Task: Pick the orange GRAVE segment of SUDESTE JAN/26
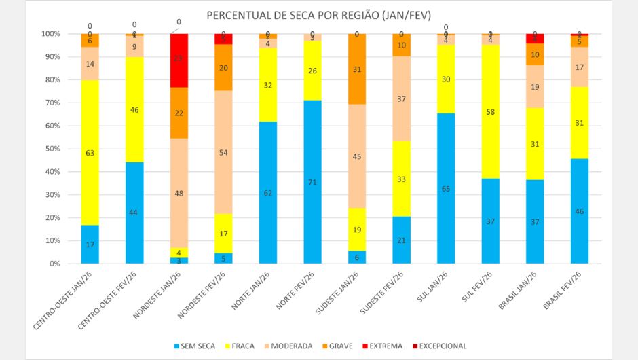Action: coord(357,69)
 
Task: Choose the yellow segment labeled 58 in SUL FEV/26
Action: coord(491,111)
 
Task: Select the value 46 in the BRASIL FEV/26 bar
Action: coord(580,211)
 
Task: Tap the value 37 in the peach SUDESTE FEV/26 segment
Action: coord(401,98)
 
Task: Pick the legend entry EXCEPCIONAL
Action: coord(440,346)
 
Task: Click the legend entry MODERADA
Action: coord(290,346)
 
